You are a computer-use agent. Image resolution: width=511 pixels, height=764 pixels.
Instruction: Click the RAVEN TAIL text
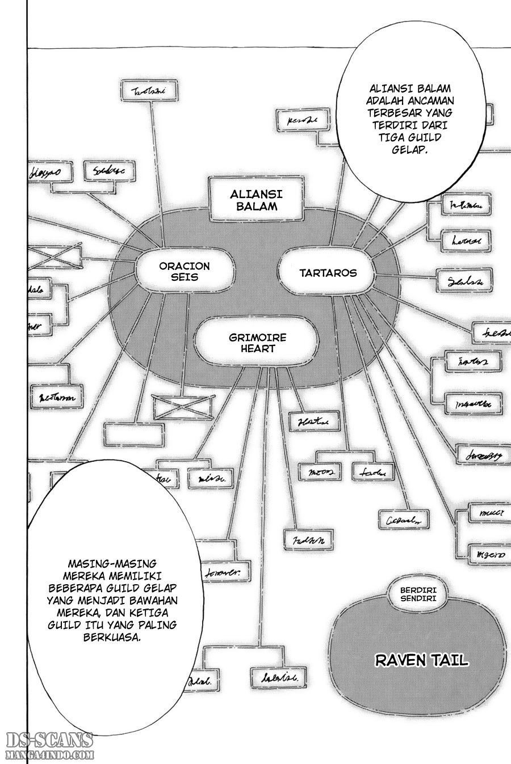point(421,660)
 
